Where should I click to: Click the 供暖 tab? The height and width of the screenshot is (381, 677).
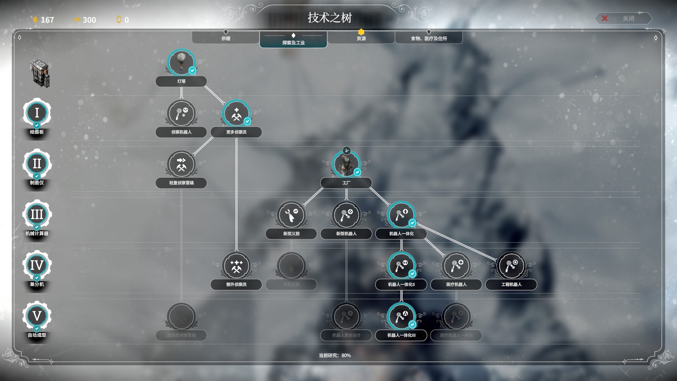click(226, 38)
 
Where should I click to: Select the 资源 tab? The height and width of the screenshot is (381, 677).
click(361, 38)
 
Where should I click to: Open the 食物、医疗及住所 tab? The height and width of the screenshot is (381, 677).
click(429, 38)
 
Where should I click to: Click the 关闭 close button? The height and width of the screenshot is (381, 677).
click(623, 18)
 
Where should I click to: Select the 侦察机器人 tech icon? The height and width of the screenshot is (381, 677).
click(181, 113)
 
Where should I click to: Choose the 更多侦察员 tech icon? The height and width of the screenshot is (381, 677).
click(236, 113)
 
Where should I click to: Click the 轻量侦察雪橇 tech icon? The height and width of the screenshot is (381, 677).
click(181, 164)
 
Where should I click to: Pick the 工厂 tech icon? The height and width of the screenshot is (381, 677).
click(346, 164)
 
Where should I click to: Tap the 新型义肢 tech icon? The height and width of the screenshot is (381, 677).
click(291, 215)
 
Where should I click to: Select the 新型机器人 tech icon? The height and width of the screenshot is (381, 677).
click(346, 215)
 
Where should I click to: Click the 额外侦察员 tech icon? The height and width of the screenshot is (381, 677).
click(236, 266)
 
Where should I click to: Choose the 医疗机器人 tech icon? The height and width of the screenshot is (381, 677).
click(456, 266)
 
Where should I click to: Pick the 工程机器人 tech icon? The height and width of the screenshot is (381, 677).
click(511, 266)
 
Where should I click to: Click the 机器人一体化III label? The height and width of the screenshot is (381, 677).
click(401, 335)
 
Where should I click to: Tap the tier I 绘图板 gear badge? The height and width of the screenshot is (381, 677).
click(37, 113)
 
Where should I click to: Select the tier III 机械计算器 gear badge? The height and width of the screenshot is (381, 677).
click(37, 214)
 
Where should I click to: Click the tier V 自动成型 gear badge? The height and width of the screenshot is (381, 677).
click(37, 316)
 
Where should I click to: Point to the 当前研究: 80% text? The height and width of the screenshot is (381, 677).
click(335, 355)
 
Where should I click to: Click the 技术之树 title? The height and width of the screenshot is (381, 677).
click(329, 18)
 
